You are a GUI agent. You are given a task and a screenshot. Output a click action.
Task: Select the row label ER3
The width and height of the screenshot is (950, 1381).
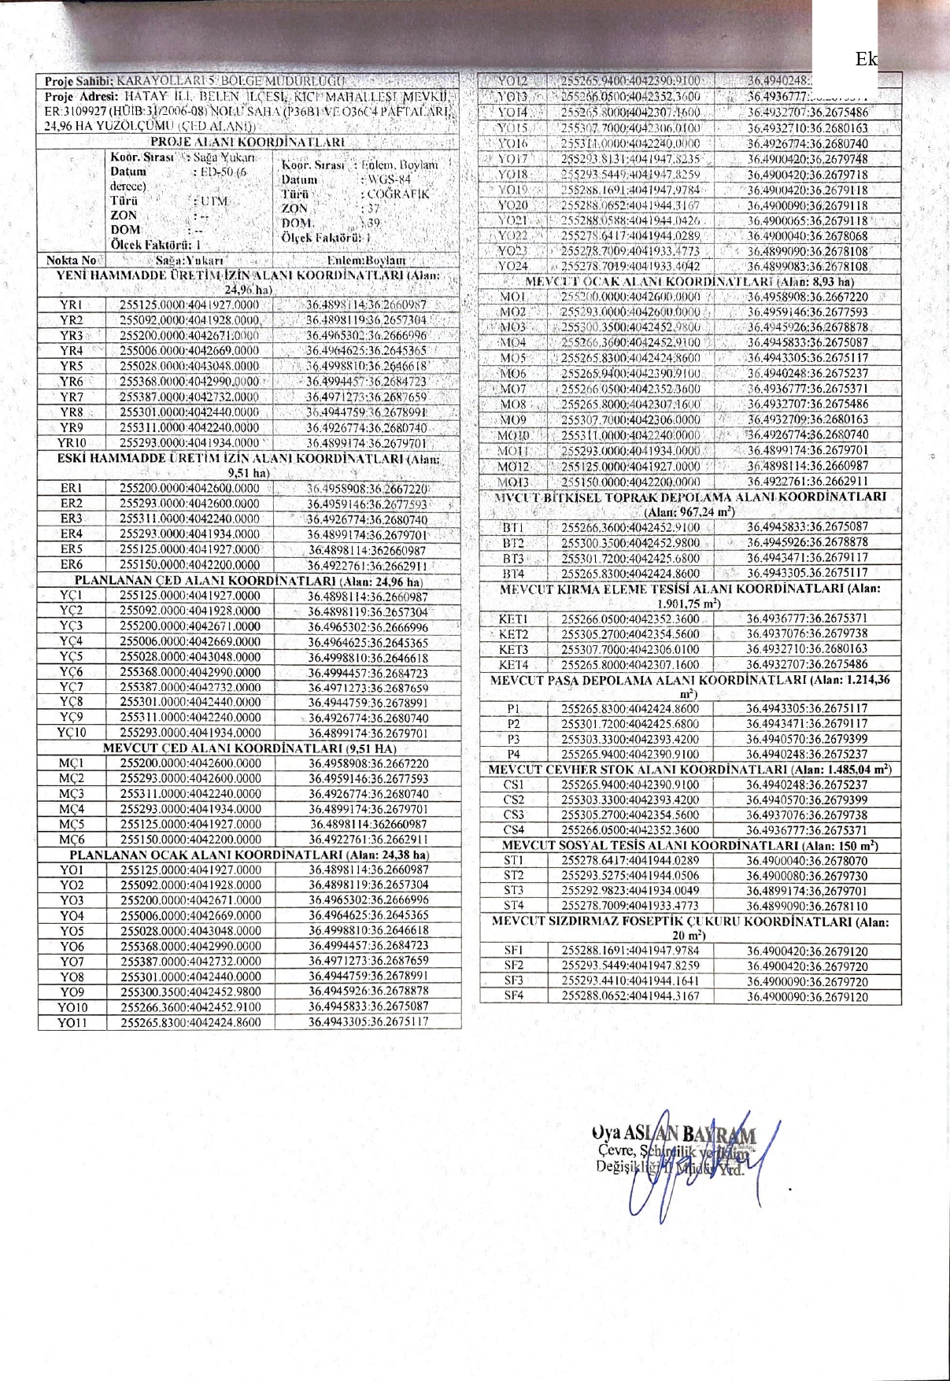(71, 519)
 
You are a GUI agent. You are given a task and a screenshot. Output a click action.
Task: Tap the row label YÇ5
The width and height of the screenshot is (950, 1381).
(71, 656)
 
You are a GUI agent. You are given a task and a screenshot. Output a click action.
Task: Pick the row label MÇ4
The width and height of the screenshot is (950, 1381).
(71, 809)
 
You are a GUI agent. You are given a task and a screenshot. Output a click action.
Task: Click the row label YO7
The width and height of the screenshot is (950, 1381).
(72, 962)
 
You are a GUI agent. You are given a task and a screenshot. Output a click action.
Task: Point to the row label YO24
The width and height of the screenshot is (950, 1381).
(513, 266)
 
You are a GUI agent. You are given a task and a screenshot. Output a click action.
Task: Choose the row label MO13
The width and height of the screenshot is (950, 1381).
(513, 481)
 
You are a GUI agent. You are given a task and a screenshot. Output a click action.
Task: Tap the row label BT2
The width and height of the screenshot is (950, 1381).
(513, 543)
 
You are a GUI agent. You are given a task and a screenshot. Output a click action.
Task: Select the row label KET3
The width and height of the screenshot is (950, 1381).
(513, 649)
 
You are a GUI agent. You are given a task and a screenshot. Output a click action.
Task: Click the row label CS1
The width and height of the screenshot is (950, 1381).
(513, 785)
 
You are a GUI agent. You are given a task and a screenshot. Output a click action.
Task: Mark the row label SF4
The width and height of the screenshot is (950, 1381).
(513, 996)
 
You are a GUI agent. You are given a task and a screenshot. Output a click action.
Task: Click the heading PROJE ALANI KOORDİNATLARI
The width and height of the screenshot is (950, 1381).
(247, 142)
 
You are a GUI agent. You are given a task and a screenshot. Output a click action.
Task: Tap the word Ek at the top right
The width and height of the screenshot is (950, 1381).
(866, 60)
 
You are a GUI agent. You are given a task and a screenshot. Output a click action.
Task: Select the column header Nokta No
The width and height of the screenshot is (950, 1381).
(71, 260)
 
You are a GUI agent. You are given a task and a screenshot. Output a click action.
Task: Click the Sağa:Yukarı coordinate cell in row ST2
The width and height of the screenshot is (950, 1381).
(630, 875)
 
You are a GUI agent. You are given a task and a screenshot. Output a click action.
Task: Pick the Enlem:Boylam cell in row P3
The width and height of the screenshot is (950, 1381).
(807, 739)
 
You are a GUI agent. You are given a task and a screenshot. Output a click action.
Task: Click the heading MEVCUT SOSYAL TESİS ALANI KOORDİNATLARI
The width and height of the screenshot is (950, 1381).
(689, 845)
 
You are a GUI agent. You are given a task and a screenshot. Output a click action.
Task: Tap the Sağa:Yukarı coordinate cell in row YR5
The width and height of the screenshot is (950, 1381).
(190, 366)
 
